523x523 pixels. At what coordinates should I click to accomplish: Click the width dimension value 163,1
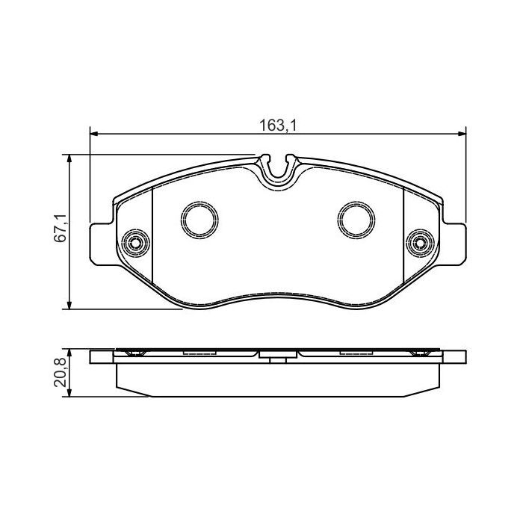[x=278, y=126]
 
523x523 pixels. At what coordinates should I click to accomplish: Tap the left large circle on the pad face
[x=200, y=218]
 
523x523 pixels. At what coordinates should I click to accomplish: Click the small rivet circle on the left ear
[x=135, y=242]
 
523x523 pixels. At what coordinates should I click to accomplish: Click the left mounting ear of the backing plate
[x=103, y=243]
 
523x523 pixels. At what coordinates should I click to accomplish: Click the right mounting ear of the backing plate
[x=453, y=243]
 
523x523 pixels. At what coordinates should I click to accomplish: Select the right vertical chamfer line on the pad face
[x=403, y=239]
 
